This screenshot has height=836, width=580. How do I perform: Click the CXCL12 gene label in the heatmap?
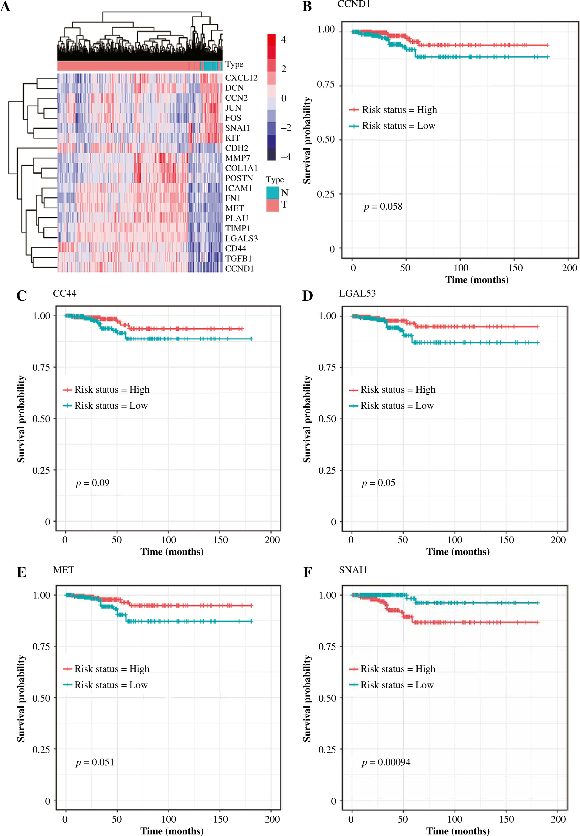point(241,78)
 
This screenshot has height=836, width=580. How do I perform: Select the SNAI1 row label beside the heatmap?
point(237,128)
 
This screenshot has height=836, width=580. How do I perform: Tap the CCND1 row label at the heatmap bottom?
point(239,269)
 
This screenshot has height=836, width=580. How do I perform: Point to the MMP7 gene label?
point(237,158)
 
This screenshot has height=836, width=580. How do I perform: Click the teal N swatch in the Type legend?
point(273,193)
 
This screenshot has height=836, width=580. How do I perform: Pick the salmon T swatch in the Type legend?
point(273,205)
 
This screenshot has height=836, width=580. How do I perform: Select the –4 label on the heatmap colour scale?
point(286,157)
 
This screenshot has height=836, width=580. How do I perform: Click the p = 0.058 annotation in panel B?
point(383,207)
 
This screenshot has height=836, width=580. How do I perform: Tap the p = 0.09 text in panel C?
point(92,483)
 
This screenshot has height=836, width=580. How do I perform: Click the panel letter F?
point(307,572)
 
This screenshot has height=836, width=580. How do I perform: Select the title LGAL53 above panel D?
point(357,293)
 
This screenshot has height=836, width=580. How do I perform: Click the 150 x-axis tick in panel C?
point(221,540)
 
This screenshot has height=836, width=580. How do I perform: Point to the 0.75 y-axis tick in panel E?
point(41,647)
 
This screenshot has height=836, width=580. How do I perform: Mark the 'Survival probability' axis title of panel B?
point(307,140)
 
